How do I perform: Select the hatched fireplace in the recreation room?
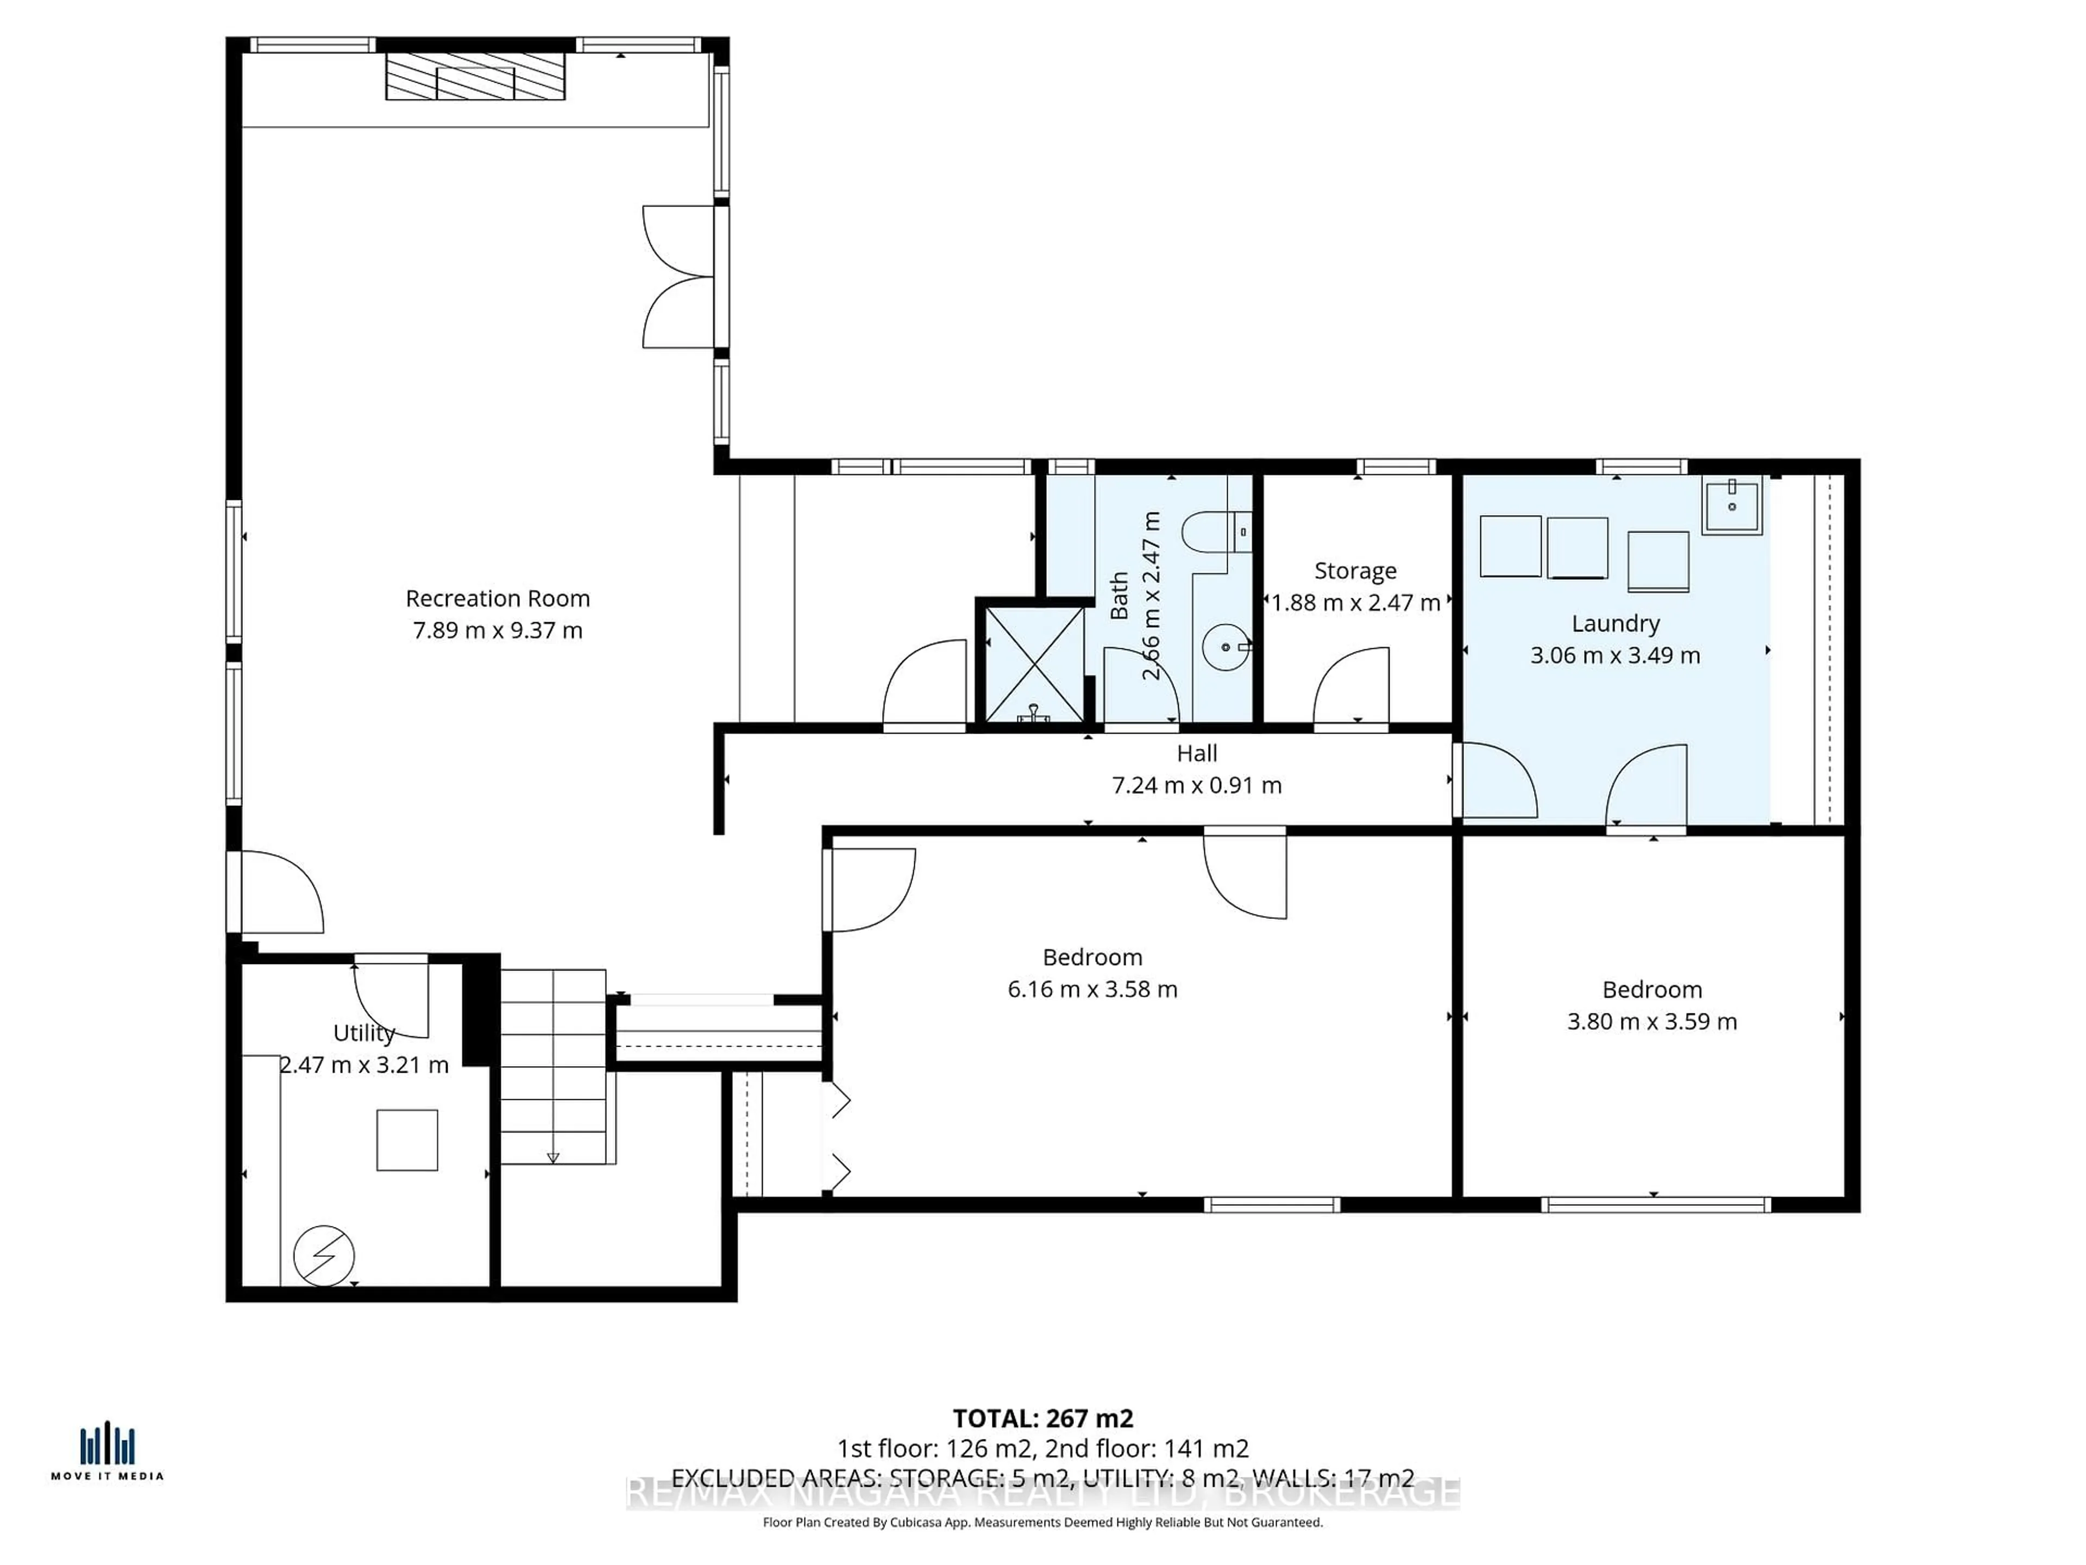[x=475, y=77]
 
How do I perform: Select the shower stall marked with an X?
[x=1034, y=664]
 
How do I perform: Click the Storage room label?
[x=1355, y=571]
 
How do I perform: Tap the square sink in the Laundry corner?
[x=1731, y=506]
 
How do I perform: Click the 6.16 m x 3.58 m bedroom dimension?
[x=1092, y=988]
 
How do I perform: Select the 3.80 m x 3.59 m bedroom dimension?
[x=1651, y=1021]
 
